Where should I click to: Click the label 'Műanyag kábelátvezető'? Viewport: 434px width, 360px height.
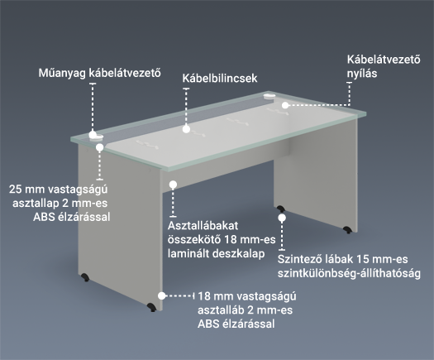coord(100,73)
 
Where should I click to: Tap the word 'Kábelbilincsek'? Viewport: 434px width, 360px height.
coord(220,78)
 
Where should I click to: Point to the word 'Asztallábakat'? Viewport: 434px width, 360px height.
coord(203,226)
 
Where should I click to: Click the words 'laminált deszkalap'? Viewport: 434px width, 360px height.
coord(216,253)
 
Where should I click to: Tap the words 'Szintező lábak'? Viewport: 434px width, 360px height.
coord(315,259)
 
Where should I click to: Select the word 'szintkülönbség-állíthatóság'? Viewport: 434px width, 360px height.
coord(350,274)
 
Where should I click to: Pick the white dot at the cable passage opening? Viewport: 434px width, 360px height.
coord(285,105)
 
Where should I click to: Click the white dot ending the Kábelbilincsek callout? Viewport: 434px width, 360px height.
coord(186,129)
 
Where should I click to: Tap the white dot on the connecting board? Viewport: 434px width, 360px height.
coord(173,185)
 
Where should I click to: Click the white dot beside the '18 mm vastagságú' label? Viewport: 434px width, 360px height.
coord(161,295)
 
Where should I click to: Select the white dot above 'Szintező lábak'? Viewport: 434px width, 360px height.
coord(282,218)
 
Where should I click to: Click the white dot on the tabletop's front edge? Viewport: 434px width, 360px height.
coord(100,147)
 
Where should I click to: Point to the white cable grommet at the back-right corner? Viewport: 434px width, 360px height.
coord(269,97)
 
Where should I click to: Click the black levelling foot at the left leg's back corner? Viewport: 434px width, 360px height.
coord(85,277)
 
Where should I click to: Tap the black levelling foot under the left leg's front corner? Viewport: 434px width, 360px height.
coord(151,307)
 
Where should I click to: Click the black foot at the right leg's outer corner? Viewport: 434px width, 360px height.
coord(347,229)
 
